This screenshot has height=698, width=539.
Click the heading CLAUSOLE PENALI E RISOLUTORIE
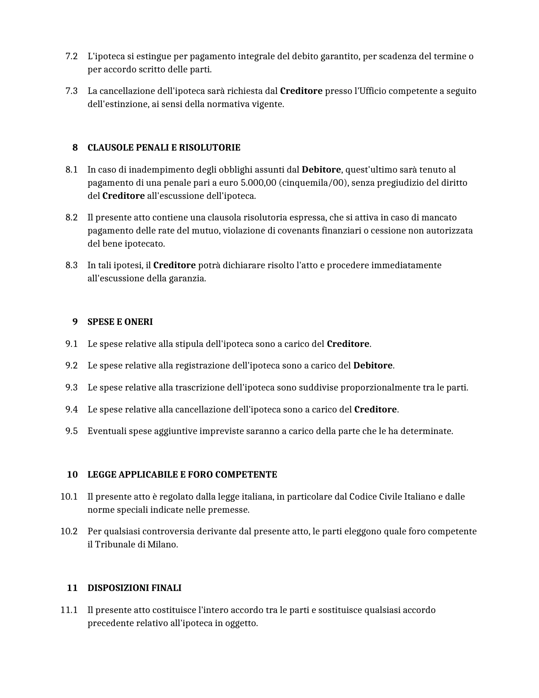164,148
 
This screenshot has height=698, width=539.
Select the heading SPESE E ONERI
120,322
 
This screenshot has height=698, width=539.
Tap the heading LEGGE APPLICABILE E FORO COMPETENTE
182,475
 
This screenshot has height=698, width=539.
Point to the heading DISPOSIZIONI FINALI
134,588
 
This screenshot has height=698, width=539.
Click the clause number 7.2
71,56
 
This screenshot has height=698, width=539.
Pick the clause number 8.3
71,265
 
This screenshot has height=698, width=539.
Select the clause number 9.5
71,431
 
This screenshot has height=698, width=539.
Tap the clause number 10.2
69,531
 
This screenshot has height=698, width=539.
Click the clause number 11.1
69,610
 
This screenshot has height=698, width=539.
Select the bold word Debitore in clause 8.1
321,170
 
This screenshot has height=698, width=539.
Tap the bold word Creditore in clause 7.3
301,91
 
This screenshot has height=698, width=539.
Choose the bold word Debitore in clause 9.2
373,365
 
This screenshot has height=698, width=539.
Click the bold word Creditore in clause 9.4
375,409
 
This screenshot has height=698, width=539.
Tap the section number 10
72,475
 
